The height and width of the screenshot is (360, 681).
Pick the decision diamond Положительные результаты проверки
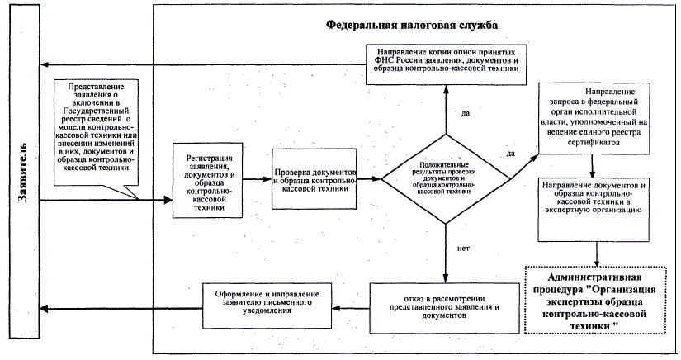pyautogui.click(x=446, y=178)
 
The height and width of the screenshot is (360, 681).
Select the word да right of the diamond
pyautogui.click(x=510, y=154)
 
